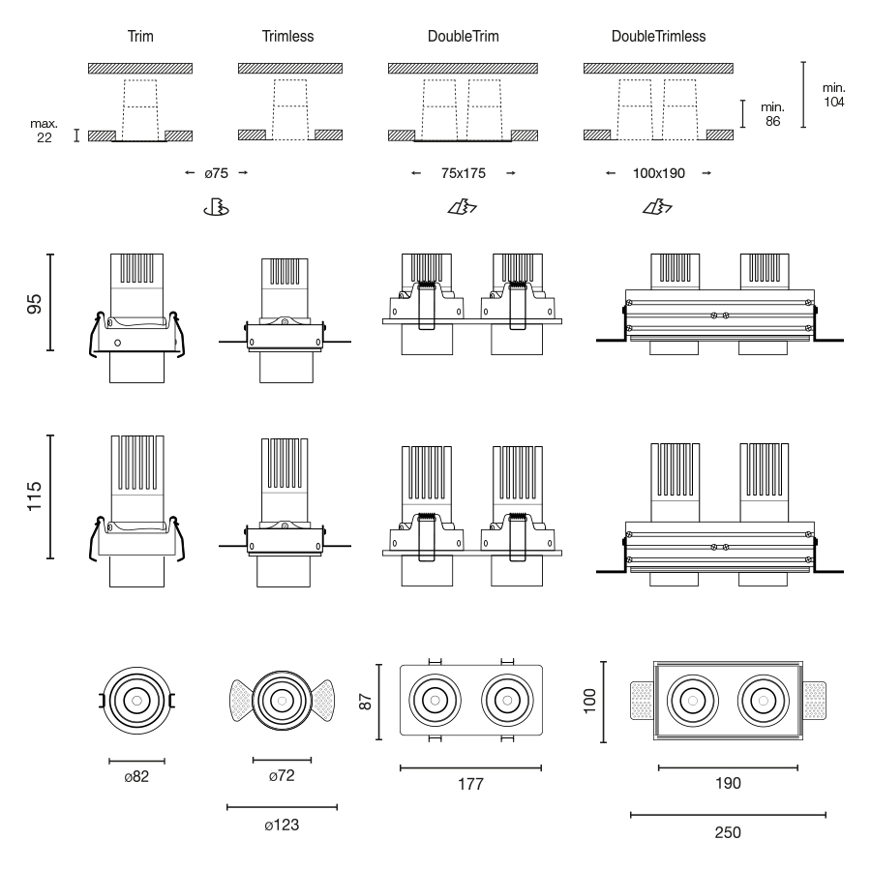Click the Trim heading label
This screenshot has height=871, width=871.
[x=140, y=37]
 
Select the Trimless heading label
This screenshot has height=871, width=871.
[x=287, y=37]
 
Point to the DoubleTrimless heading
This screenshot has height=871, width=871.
[x=658, y=37]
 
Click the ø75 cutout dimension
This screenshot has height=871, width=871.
[x=216, y=173]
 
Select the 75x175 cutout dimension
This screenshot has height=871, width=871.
[x=462, y=173]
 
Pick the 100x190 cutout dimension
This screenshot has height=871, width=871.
[x=658, y=173]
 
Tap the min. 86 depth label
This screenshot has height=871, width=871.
[x=771, y=114]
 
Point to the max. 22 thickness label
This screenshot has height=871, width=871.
[x=45, y=131]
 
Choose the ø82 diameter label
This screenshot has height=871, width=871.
[x=136, y=778]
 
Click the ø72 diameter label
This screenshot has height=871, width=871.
[x=282, y=778]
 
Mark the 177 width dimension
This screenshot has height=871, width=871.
[x=470, y=784]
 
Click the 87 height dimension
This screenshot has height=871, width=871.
[x=366, y=700]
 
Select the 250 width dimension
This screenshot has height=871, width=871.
[x=728, y=831]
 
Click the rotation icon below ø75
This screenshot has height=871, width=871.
[x=216, y=206]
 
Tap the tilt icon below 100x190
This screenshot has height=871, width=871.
[x=658, y=206]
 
